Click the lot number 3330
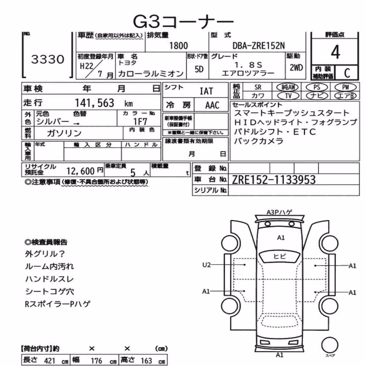[48, 59]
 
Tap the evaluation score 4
[335, 52]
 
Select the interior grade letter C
[347, 73]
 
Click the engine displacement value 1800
[178, 45]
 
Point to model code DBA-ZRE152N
[259, 45]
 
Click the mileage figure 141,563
[94, 103]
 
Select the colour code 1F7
[140, 122]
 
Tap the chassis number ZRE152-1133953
[274, 180]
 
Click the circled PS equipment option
[317, 87]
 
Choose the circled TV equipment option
[288, 96]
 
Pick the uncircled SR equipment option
[258, 87]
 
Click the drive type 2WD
[296, 68]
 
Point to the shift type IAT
[206, 91]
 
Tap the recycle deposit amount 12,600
[81, 171]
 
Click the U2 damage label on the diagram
[206, 265]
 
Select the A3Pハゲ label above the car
[279, 212]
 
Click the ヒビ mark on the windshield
[279, 256]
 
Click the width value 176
[96, 361]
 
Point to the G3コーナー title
[183, 22]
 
